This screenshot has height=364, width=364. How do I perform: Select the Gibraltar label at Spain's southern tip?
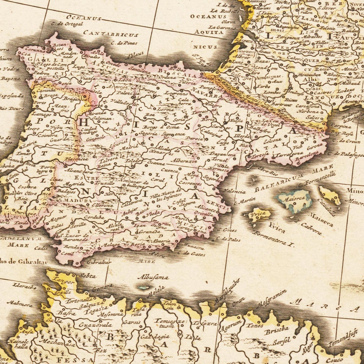tap(99, 262)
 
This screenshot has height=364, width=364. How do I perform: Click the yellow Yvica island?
tap(258, 215)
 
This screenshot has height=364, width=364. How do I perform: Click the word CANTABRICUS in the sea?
tap(111, 34)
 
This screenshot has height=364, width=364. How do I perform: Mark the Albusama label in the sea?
tap(153, 278)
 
